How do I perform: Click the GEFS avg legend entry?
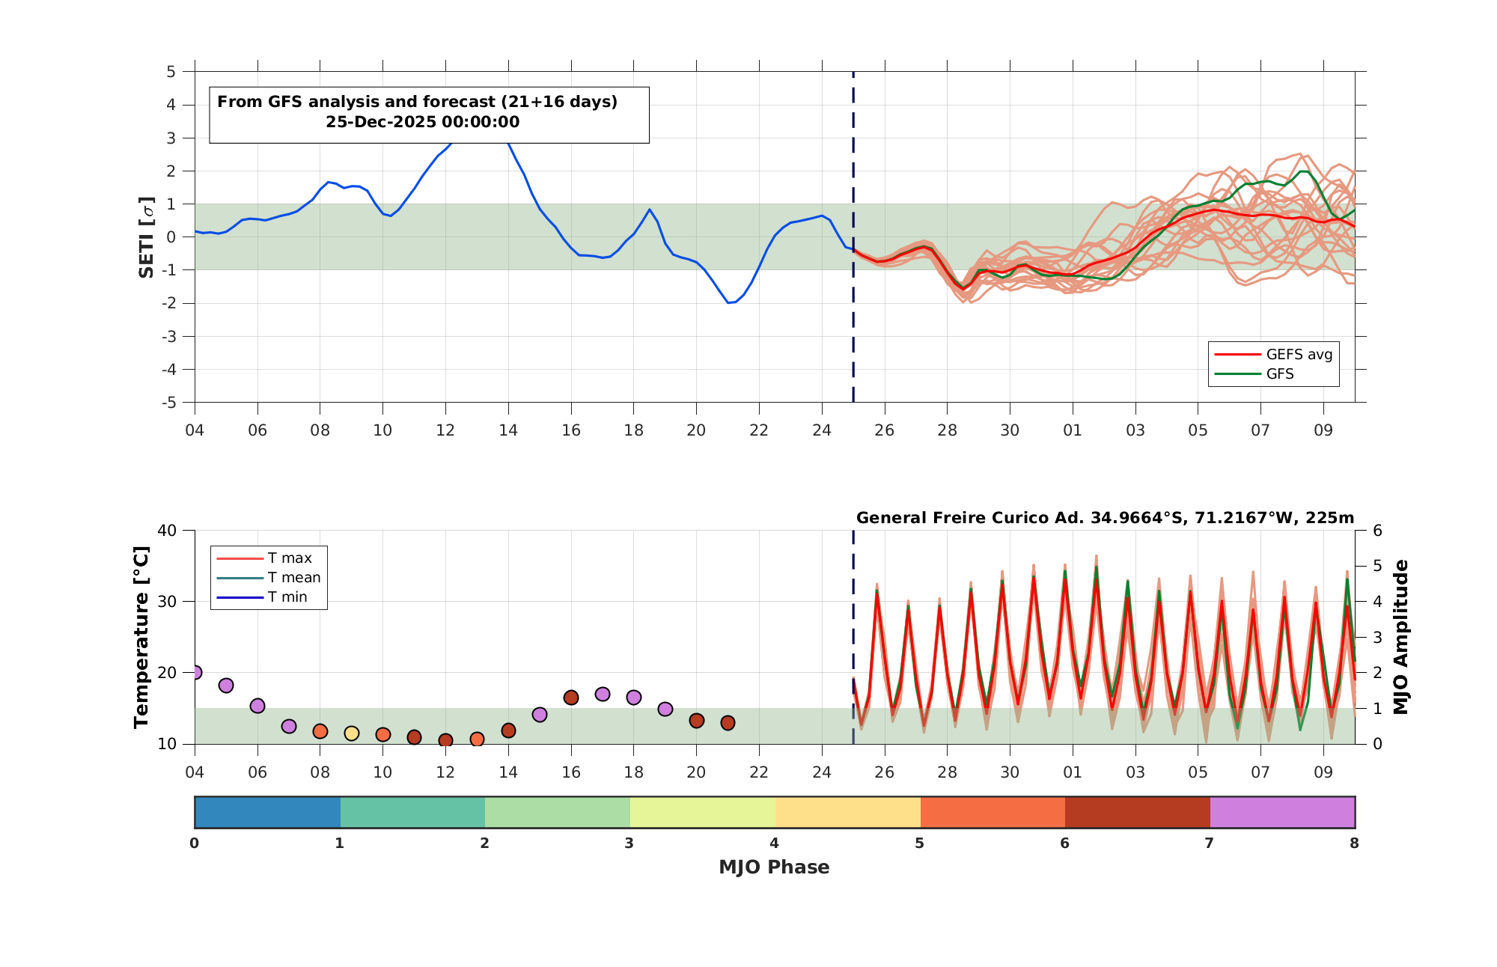pyautogui.click(x=1272, y=354)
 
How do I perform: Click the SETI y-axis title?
pyautogui.click(x=147, y=237)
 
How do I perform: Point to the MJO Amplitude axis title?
pyautogui.click(x=1401, y=637)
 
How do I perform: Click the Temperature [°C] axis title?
pyautogui.click(x=141, y=637)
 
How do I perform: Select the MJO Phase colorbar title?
pyautogui.click(x=774, y=867)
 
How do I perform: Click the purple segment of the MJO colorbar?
pyautogui.click(x=1282, y=812)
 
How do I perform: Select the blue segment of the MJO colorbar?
pyautogui.click(x=267, y=812)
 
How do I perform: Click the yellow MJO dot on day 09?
pyautogui.click(x=352, y=733)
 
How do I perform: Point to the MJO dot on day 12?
pyautogui.click(x=445, y=740)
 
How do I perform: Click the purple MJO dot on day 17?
pyautogui.click(x=603, y=694)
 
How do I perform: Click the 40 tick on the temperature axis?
pyautogui.click(x=167, y=531)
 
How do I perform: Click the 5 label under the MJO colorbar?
pyautogui.click(x=919, y=844)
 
